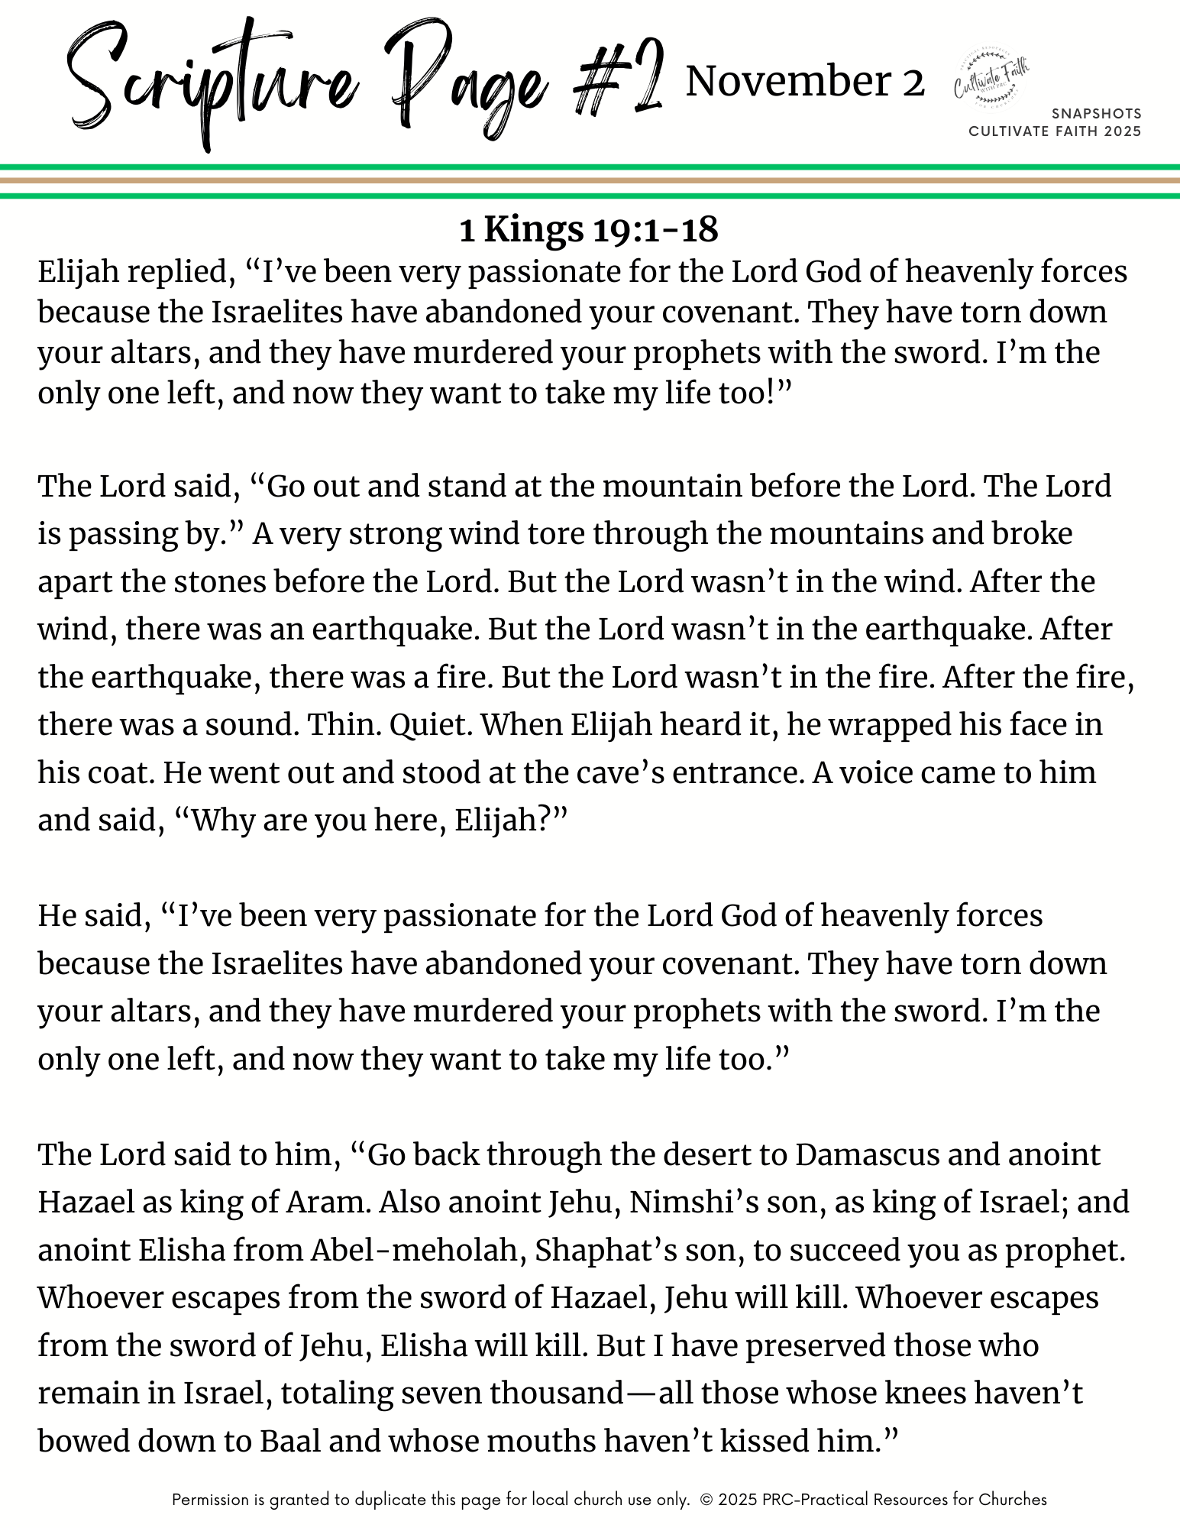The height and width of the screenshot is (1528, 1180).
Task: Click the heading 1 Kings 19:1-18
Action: (x=589, y=229)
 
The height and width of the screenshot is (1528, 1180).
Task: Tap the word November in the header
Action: (x=787, y=82)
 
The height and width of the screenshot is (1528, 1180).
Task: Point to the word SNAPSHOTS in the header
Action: (x=1096, y=114)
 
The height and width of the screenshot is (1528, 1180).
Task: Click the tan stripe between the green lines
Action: (x=590, y=181)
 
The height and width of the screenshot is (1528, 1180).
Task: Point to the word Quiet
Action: (x=431, y=725)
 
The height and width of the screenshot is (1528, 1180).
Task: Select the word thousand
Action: (x=558, y=1394)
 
